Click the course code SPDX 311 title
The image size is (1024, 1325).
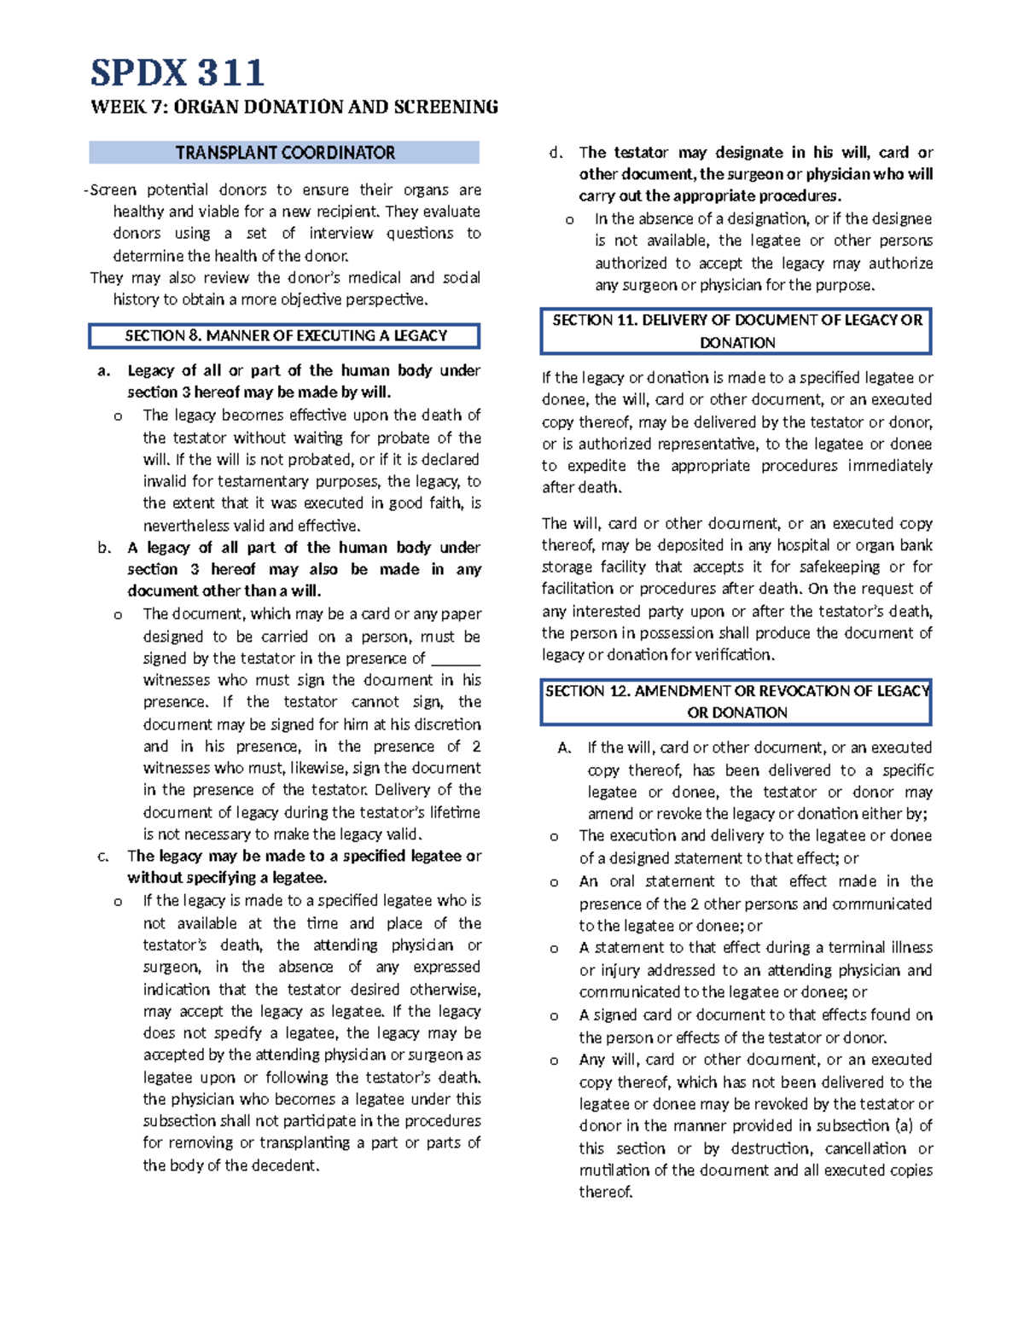[x=177, y=73]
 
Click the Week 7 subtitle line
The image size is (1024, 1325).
[x=294, y=108]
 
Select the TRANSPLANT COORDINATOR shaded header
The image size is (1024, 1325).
[x=284, y=153]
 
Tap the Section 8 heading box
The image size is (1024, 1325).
[x=284, y=336]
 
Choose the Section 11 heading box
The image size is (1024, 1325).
[x=736, y=331]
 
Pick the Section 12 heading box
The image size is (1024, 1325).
[x=736, y=701]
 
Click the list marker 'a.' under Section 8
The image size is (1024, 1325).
[x=104, y=371]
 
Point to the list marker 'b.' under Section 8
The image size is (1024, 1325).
[x=104, y=548]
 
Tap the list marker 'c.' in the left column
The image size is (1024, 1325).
[x=104, y=857]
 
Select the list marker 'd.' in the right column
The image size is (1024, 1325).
[x=556, y=154]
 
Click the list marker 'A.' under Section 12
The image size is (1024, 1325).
[x=564, y=748]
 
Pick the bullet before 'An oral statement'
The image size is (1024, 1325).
[x=554, y=882]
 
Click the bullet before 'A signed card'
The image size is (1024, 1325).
[x=554, y=1016]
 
